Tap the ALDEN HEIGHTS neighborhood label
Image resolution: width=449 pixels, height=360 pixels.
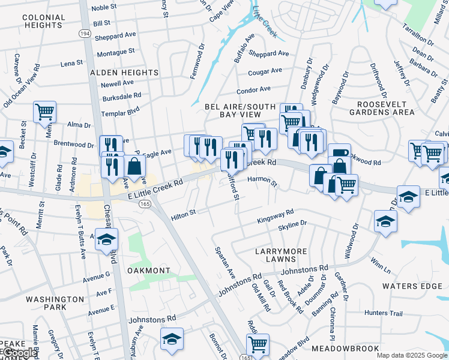tap(124, 73)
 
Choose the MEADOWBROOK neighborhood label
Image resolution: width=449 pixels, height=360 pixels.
tap(345, 349)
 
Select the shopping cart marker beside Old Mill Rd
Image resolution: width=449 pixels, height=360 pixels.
tap(258, 344)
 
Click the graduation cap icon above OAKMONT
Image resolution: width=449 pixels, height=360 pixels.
tap(107, 239)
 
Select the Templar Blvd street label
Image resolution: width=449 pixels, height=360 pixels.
tap(120, 110)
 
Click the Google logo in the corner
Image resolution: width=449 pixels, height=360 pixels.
tap(19, 353)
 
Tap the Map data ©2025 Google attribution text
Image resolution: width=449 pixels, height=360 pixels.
tap(411, 355)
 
